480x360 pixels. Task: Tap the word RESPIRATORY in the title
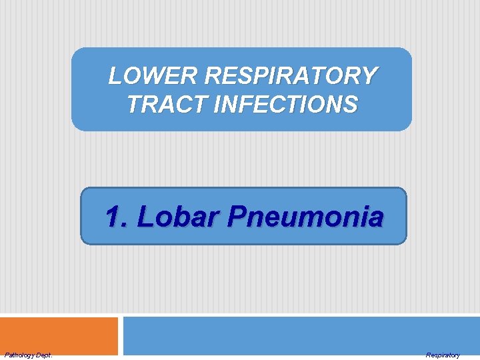291,76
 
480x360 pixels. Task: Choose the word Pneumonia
305,217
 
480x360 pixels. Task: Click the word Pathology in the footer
18,355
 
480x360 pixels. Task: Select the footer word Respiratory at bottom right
443,355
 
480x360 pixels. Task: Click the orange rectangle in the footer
59,335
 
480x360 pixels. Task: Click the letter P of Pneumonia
237,217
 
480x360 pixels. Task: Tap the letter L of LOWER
115,76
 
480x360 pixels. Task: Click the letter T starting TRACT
132,105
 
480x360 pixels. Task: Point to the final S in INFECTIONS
350,105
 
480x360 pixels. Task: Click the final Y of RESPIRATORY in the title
370,76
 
